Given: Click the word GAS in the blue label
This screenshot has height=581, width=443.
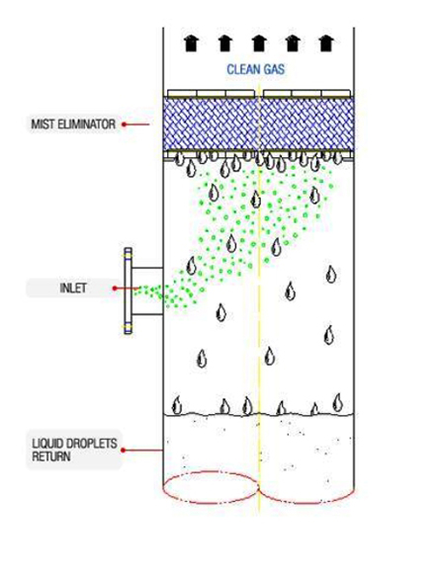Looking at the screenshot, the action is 274,69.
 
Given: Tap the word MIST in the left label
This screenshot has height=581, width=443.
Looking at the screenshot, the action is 42,124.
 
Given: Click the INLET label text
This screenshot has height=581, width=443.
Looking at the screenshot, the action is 73,288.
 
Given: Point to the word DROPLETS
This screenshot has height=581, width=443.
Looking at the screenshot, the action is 93,444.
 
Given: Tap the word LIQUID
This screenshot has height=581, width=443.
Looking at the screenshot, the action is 49,444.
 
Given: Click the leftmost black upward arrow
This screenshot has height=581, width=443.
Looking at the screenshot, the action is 191,43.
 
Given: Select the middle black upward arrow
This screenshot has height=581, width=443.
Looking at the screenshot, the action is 259,43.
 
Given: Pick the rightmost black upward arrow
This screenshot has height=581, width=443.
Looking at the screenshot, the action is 326,43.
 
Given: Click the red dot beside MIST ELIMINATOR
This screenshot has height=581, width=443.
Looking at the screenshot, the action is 124,124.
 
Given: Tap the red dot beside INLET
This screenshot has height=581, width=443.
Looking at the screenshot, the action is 115,288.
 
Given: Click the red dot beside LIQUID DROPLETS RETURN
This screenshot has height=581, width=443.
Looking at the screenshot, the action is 123,451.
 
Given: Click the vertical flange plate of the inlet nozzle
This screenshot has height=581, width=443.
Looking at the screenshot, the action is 128,290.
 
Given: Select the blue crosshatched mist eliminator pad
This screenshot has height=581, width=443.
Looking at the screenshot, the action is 258,124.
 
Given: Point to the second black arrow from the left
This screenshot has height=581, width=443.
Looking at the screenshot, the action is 225,43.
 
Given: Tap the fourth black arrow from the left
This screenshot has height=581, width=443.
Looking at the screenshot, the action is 293,43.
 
